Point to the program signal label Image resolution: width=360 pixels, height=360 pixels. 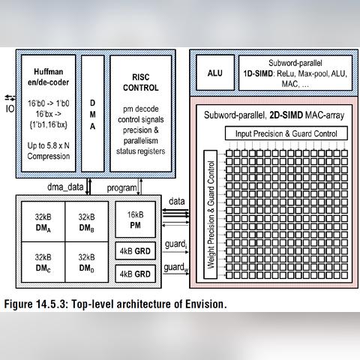coord(121,186)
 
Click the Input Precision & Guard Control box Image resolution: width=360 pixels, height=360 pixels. coord(286,133)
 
